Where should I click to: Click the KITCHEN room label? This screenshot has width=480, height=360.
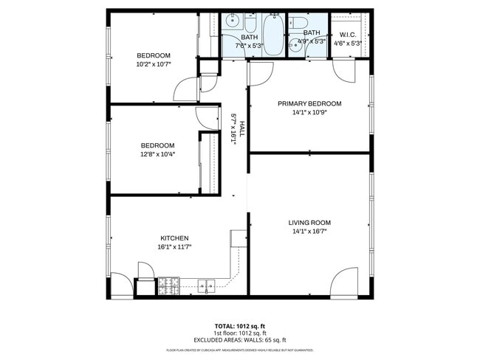coord(175,238)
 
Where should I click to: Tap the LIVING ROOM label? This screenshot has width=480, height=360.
coord(309,222)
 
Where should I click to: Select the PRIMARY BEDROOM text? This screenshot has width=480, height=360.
coord(309,104)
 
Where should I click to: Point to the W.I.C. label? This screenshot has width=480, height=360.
coord(349,34)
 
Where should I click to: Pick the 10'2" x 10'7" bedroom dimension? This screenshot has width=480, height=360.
coord(154,64)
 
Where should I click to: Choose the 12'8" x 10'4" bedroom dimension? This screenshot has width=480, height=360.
coord(157,154)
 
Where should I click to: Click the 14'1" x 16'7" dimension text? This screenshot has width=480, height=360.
coord(309,231)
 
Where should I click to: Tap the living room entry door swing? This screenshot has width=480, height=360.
coord(343,283)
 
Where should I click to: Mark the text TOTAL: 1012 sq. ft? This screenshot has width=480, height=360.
coord(239,325)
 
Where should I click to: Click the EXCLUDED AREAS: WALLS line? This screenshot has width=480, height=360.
coord(239,340)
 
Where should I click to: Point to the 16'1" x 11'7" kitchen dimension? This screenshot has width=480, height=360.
coord(175,247)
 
